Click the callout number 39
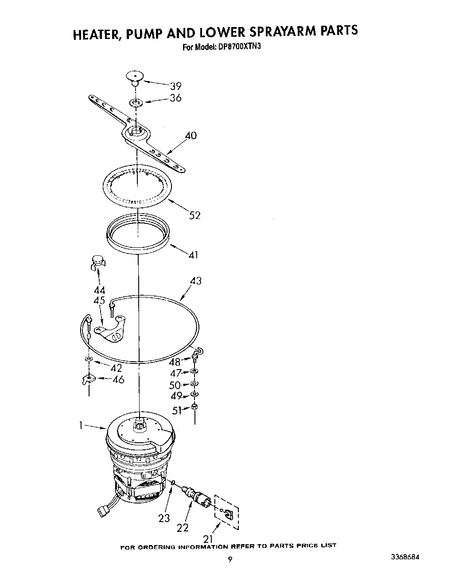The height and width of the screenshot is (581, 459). pyautogui.click(x=175, y=86)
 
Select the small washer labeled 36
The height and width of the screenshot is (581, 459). pyautogui.click(x=136, y=103)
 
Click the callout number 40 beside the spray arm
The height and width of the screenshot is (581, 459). pyautogui.click(x=191, y=136)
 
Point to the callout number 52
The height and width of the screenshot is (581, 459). pyautogui.click(x=194, y=215)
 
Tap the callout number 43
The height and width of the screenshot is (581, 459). pyautogui.click(x=195, y=281)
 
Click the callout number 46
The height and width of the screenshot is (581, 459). pyautogui.click(x=118, y=379)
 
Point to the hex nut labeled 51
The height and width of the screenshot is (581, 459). pyautogui.click(x=195, y=407)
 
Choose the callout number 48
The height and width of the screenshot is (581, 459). pyautogui.click(x=175, y=362)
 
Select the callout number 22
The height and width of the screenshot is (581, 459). pyautogui.click(x=182, y=527)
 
